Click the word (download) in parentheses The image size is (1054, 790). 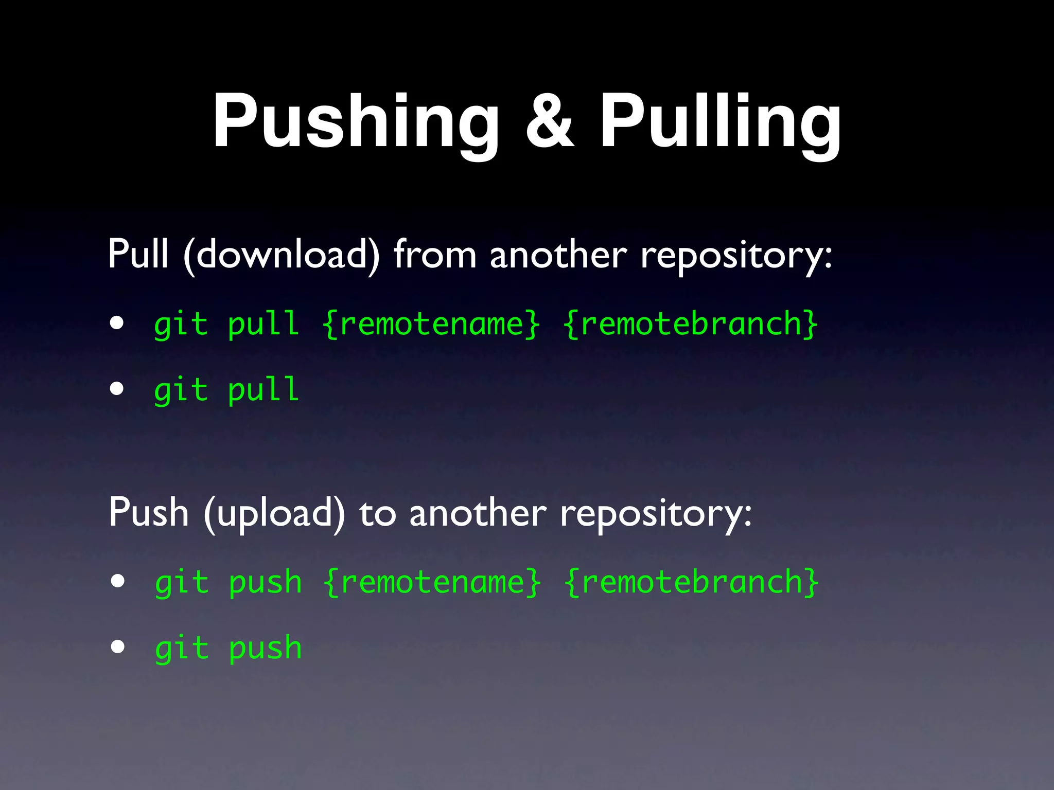(x=282, y=255)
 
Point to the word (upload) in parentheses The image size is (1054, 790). (x=274, y=513)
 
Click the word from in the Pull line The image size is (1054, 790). (x=435, y=255)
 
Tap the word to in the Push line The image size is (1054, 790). (x=378, y=513)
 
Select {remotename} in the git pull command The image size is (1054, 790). (x=432, y=324)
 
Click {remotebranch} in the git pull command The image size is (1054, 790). (x=691, y=324)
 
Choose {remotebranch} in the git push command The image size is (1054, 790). (x=691, y=582)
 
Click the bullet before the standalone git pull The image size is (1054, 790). (x=117, y=389)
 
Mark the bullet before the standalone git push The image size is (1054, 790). (x=118, y=647)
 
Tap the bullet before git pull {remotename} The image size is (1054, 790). (x=117, y=324)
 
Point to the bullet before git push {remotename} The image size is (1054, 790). (x=118, y=581)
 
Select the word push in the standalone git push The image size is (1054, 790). (x=265, y=648)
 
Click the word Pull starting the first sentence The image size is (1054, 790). (x=138, y=255)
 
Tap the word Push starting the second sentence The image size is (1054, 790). (x=149, y=513)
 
